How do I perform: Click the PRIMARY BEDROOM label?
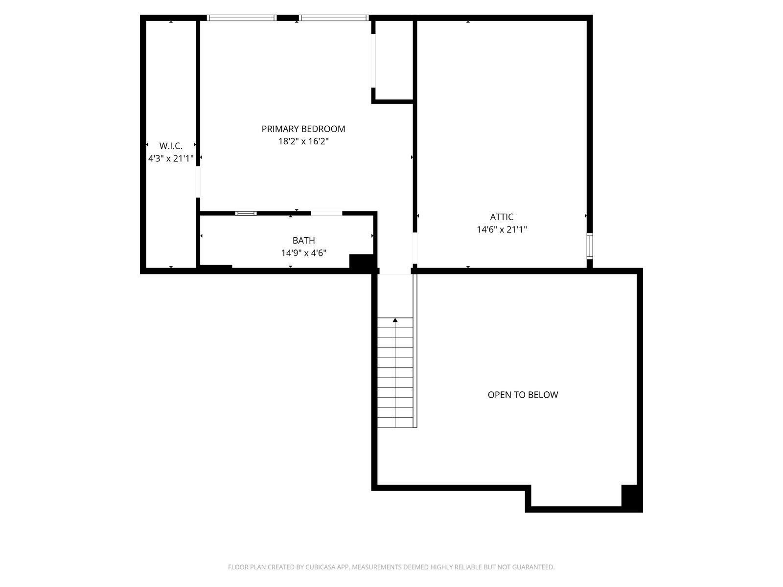coord(303,129)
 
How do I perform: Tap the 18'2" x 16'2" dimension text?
coord(303,141)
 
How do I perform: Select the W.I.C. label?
coord(171,146)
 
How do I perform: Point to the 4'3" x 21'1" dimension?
coord(171,158)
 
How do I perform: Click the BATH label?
coord(303,241)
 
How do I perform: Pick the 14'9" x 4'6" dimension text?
coord(303,253)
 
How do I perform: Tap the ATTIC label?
coord(502,217)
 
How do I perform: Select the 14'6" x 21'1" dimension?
coord(502,229)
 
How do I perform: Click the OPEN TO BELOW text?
coord(523,395)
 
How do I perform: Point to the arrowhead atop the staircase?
coord(395,320)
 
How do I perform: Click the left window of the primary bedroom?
coord(241,18)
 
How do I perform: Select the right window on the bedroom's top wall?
coord(334,18)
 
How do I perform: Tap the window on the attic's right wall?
coord(590,246)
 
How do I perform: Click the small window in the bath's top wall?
coord(246,213)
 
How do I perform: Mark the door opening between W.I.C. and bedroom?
coord(198,182)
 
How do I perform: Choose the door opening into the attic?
coord(415,248)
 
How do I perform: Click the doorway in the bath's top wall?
coord(326,213)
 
